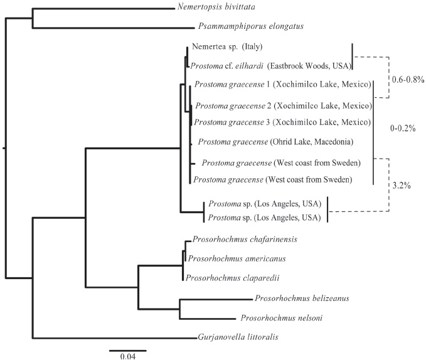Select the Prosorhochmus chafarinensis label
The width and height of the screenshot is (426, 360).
click(x=241, y=240)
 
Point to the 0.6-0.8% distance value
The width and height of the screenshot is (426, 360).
click(x=408, y=80)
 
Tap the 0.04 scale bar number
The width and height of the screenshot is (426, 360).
click(x=127, y=356)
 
